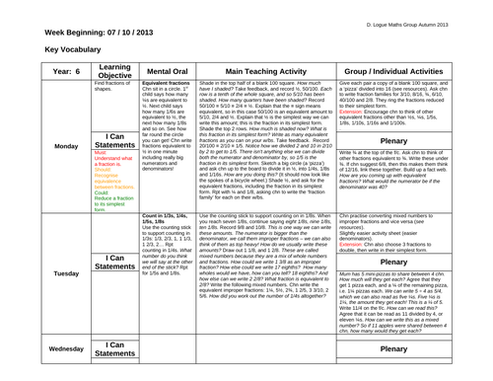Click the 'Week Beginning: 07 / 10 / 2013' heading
point(82,33)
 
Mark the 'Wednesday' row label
point(32,349)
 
